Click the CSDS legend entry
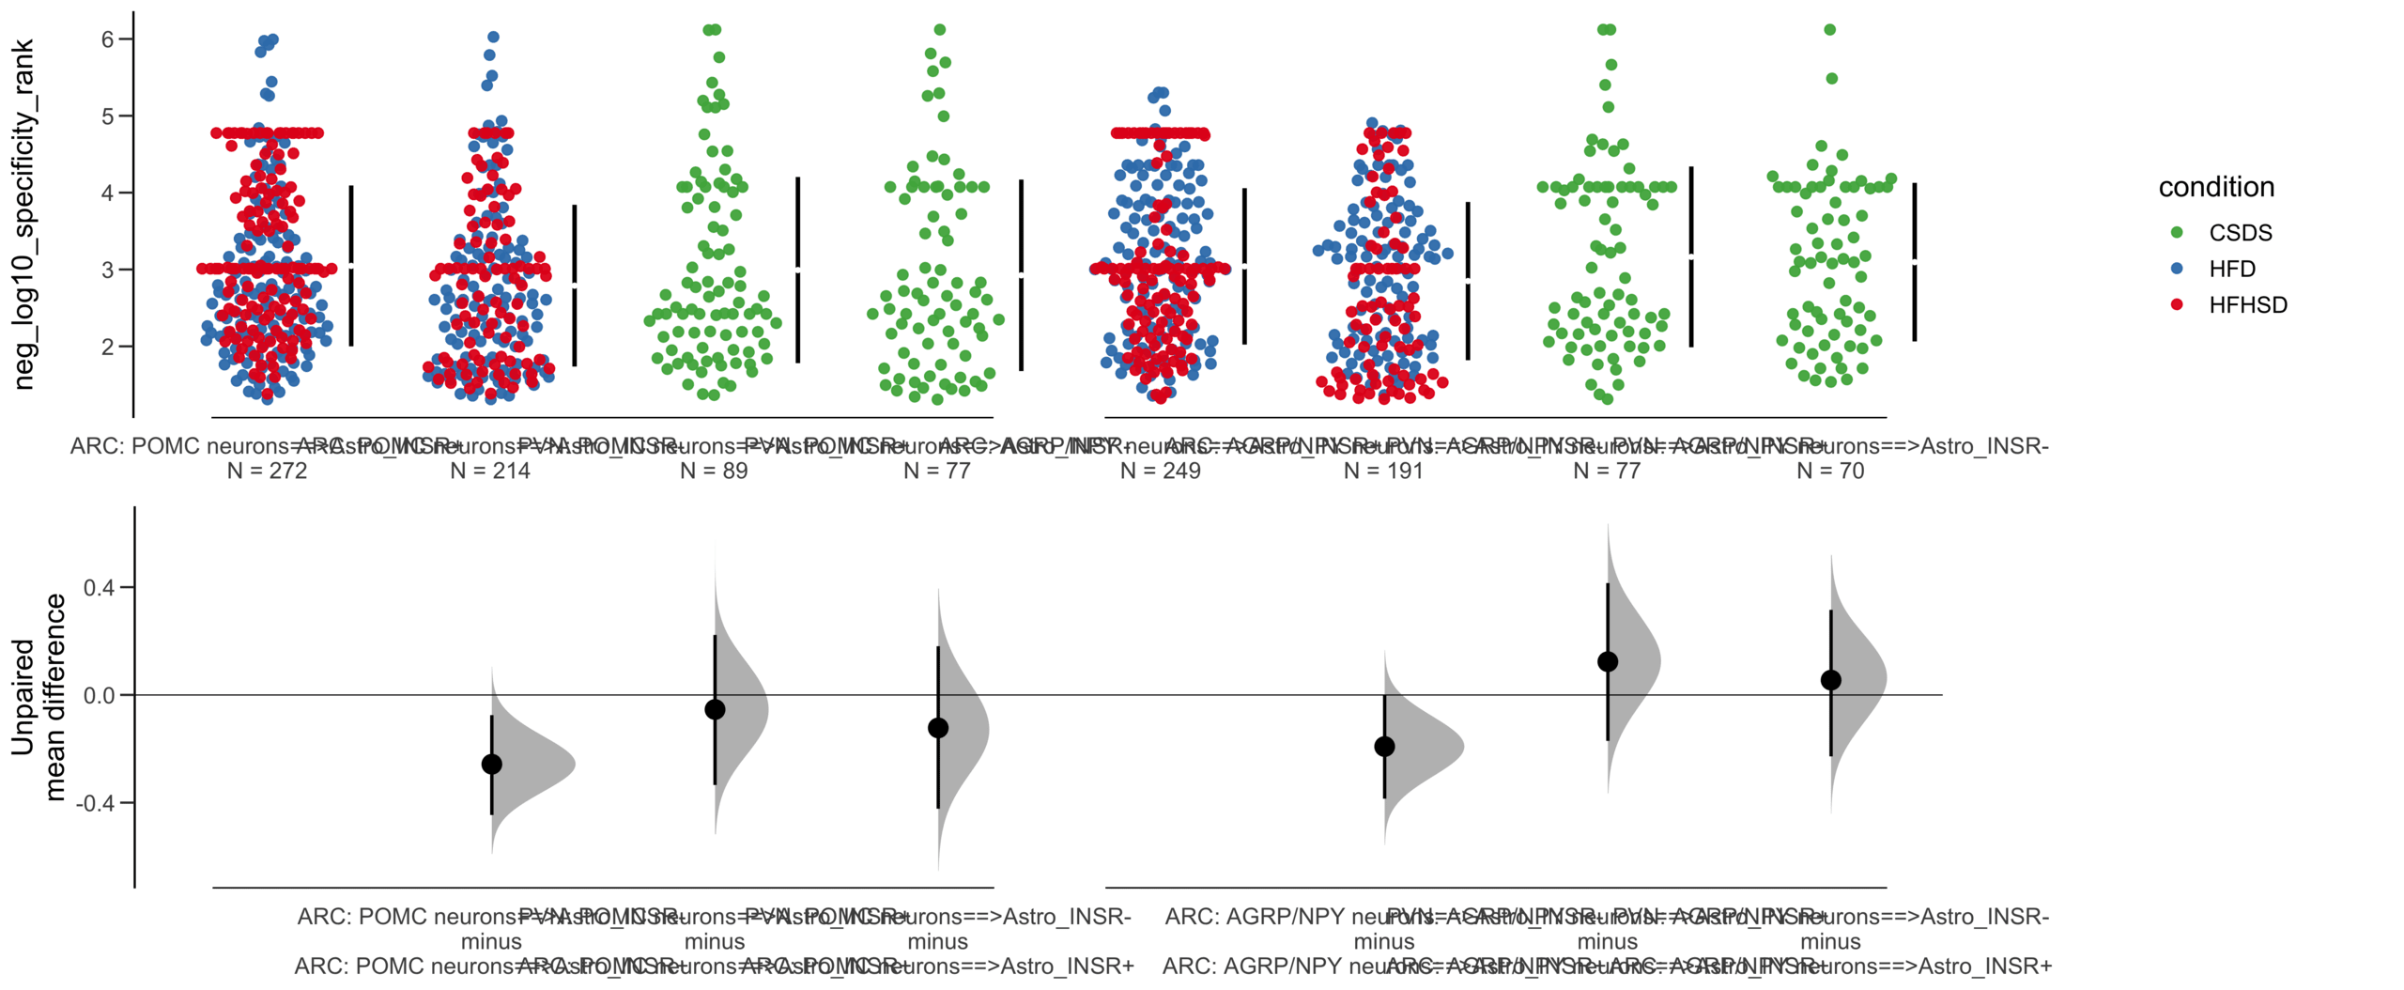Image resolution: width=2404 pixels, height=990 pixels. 2239,233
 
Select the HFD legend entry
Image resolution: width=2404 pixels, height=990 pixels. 2231,269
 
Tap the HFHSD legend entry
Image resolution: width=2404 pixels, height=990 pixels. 2246,304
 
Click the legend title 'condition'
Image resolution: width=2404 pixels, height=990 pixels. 2215,187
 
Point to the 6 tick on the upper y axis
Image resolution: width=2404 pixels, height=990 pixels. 108,39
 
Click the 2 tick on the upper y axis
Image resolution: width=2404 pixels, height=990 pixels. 108,347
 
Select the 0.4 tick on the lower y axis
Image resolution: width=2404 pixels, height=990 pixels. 99,588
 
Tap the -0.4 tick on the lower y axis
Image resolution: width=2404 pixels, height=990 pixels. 97,803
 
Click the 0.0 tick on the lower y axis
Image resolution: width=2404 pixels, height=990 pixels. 99,696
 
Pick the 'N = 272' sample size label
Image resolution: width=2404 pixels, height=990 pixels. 267,471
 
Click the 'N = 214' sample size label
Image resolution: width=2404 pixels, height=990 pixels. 490,471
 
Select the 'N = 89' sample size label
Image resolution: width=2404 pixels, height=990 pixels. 714,471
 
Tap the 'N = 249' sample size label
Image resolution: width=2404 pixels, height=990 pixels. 1160,471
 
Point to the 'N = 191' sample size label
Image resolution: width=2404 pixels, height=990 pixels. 1383,471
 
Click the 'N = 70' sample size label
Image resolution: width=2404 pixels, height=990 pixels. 1830,471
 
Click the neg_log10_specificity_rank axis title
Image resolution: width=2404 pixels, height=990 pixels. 23,214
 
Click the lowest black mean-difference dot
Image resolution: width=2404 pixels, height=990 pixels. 491,765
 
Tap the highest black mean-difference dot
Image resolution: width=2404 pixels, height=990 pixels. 1608,662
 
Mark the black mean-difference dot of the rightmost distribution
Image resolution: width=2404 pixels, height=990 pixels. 1830,680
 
